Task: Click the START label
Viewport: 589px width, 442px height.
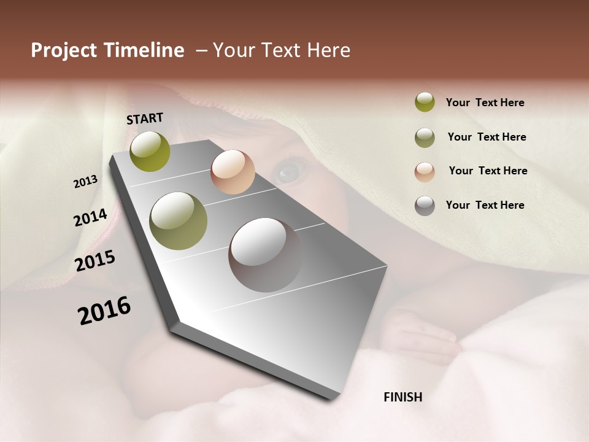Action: (x=145, y=118)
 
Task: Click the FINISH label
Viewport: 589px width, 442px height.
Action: (x=402, y=397)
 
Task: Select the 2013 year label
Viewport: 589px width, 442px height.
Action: (x=85, y=181)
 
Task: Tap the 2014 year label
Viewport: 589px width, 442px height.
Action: (x=90, y=218)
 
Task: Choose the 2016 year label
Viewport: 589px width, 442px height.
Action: (x=104, y=310)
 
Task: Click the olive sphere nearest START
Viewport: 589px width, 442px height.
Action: (x=150, y=151)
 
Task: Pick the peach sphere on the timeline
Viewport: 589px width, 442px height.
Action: (x=233, y=172)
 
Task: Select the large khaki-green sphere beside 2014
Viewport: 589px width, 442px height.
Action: (x=179, y=221)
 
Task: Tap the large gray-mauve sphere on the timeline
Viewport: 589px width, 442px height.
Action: (x=264, y=255)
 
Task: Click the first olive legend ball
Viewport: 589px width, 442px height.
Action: (x=425, y=103)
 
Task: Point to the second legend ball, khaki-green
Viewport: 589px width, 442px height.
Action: (x=425, y=138)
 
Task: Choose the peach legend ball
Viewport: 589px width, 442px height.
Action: (x=425, y=171)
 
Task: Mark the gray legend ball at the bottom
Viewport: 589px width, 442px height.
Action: (x=425, y=206)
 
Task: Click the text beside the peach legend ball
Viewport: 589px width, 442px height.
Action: (x=488, y=171)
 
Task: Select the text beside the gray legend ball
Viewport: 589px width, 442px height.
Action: (x=485, y=205)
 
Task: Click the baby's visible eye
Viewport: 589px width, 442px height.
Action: (x=287, y=171)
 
